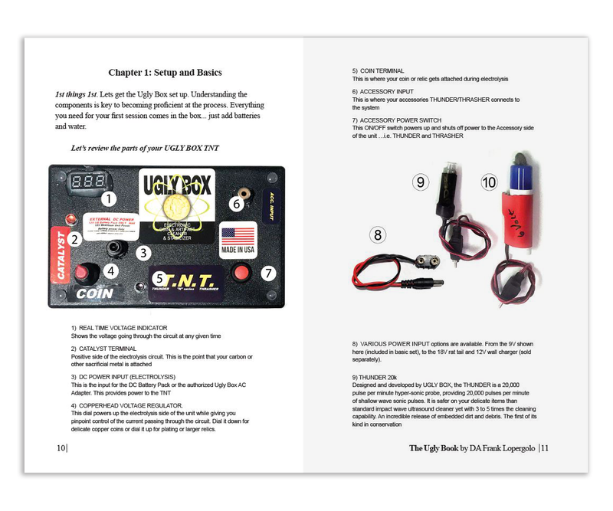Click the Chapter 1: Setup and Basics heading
pos(165,73)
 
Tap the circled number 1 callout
pos(109,200)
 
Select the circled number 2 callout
pos(74,239)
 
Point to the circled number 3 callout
pos(143,252)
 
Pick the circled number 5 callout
pos(159,279)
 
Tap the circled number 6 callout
pos(237,204)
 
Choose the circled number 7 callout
pos(268,272)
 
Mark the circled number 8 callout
pos(376,235)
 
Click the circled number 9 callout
pos(420,182)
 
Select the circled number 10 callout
pos(490,182)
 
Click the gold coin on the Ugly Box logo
pos(176,205)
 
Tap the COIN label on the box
pos(96,293)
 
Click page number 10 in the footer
pos(61,448)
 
